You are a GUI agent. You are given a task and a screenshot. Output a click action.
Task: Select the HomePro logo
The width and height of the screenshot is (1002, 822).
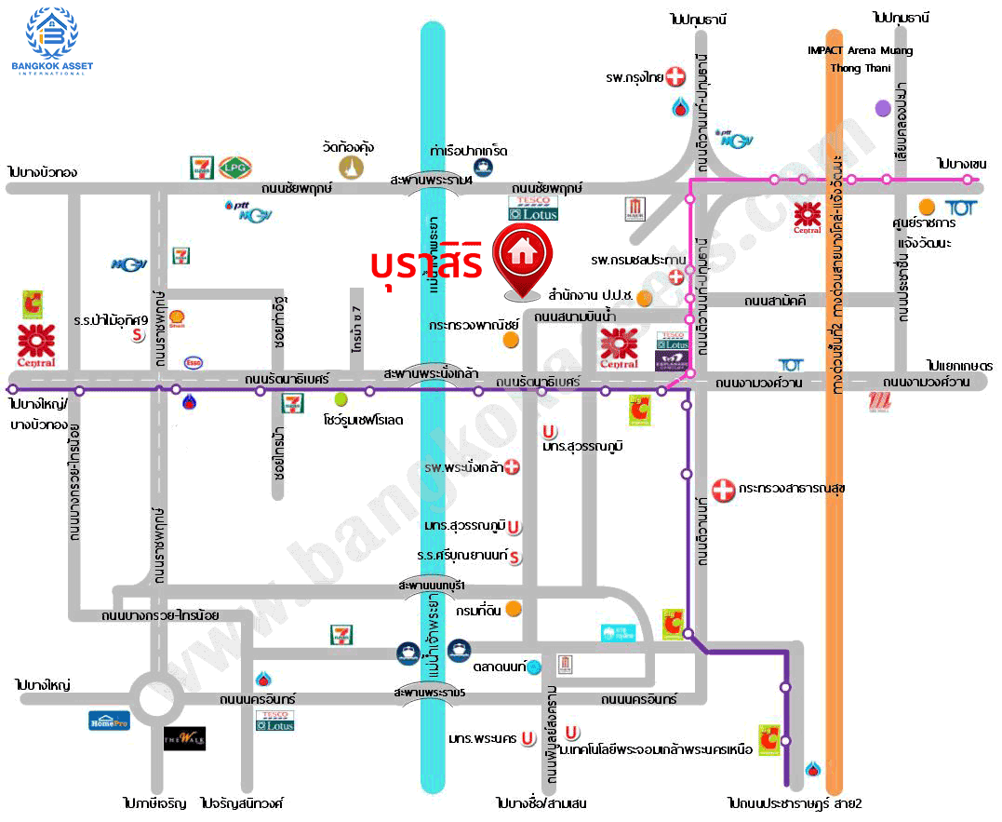(x=109, y=720)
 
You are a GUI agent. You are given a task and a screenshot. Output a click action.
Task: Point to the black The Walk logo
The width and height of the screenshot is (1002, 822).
(x=184, y=738)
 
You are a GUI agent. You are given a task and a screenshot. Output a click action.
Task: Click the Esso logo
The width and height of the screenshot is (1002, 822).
(x=194, y=362)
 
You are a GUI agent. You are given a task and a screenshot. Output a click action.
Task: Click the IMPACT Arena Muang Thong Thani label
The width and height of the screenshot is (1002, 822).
(x=860, y=59)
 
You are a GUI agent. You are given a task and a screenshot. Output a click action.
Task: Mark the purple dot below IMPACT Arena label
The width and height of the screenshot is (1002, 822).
(x=882, y=108)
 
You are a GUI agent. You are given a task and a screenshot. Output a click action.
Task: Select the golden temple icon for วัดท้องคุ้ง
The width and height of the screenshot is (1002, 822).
(x=351, y=168)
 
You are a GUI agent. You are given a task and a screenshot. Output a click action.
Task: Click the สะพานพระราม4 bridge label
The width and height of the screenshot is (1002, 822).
(x=432, y=180)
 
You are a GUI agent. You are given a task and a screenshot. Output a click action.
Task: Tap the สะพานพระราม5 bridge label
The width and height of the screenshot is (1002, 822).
(x=430, y=694)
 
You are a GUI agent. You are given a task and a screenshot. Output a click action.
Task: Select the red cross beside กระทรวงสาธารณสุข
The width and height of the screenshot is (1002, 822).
(x=722, y=489)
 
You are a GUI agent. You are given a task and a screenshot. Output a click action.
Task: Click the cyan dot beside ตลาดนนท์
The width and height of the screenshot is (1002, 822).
(x=534, y=667)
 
